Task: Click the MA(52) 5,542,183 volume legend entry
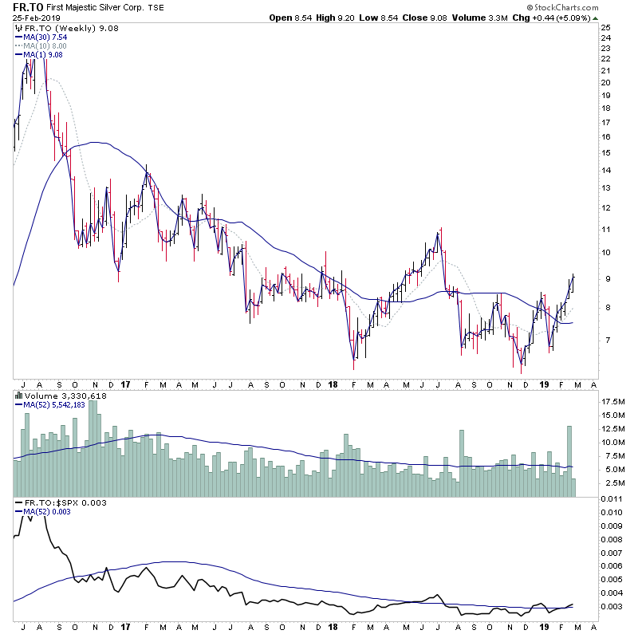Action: [x=54, y=405]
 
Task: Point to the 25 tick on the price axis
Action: [x=606, y=27]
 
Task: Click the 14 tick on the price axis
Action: [x=606, y=170]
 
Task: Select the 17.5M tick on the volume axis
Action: [x=612, y=400]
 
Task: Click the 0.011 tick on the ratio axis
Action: [x=611, y=498]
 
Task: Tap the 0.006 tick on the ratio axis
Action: [x=611, y=565]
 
